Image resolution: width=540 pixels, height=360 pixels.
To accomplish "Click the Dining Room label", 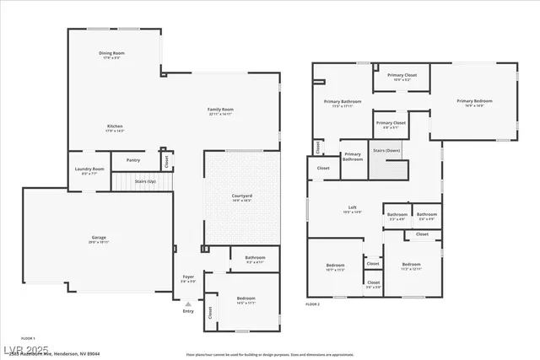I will [115, 54].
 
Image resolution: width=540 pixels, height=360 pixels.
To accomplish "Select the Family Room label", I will [221, 110].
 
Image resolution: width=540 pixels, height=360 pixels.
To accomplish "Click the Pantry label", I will [133, 160].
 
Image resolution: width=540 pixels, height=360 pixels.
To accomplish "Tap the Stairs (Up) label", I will [145, 181].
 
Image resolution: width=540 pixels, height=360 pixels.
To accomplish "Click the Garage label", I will [100, 238].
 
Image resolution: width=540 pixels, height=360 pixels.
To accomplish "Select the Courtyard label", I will [242, 196].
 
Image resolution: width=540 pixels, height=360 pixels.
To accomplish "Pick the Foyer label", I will [188, 277].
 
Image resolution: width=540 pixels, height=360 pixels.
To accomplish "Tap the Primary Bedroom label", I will [474, 101].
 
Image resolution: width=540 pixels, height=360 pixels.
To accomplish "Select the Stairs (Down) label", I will [386, 151].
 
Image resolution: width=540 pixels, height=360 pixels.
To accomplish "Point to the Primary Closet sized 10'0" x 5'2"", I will [402, 76].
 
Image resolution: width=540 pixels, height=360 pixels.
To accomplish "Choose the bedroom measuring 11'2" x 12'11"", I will [411, 265].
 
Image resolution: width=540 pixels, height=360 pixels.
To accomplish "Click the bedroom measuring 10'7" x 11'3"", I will [335, 267].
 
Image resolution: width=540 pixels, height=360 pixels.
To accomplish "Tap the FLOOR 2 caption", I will [313, 304].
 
